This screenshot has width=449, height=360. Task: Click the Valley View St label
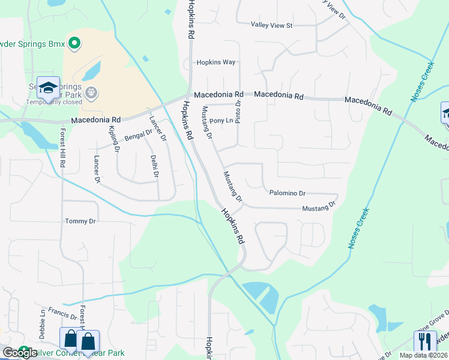[x=271, y=25]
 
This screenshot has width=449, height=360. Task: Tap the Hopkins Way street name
[x=217, y=62]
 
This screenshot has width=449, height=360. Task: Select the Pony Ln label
[x=221, y=121]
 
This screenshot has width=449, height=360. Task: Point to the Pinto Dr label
[x=238, y=112]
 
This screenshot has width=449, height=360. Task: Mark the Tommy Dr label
[x=80, y=221]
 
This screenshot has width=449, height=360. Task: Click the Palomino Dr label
[x=288, y=193]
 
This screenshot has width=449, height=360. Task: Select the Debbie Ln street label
[x=43, y=325]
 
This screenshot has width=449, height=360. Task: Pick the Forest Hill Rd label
[x=62, y=151]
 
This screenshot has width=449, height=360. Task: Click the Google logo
[x=20, y=353]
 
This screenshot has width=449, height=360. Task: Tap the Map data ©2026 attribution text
[x=424, y=355]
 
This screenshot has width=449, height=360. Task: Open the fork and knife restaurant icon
[x=426, y=341]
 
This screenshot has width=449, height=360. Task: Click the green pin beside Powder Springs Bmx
[x=74, y=43]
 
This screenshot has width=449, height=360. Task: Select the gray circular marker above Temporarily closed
[x=91, y=92]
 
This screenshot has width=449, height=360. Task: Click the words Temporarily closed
[x=54, y=102]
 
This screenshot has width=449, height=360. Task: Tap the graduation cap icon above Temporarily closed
[x=48, y=88]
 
